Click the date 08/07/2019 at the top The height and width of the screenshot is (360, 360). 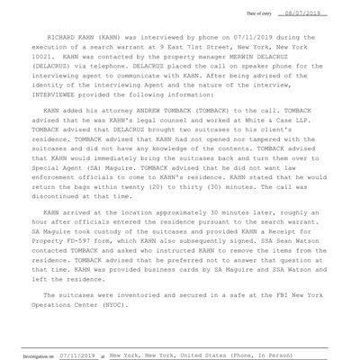point(328,14)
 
